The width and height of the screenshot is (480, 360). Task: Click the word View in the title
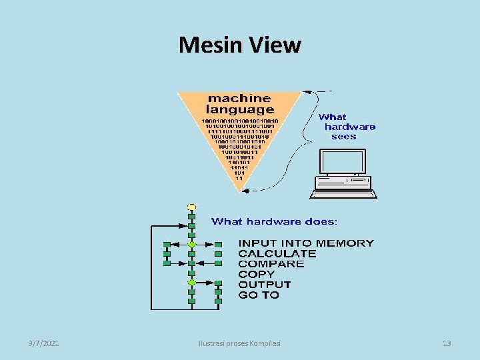click(x=275, y=45)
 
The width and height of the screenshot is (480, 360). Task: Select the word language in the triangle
click(x=240, y=109)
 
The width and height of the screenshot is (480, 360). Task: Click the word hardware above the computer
click(x=349, y=127)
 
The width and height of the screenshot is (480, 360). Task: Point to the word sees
click(x=343, y=137)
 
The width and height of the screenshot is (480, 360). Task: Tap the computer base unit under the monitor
click(x=343, y=189)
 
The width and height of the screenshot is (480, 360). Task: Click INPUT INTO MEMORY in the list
click(x=306, y=243)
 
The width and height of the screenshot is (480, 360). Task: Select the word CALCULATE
click(x=277, y=253)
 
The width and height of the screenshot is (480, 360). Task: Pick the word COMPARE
click(x=271, y=264)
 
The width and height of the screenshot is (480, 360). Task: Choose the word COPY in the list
click(x=256, y=274)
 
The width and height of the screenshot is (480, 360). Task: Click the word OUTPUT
click(x=265, y=285)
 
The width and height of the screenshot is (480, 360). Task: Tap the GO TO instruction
click(x=259, y=295)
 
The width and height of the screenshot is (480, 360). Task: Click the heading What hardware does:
click(x=274, y=221)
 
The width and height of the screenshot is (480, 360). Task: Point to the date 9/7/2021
click(x=43, y=343)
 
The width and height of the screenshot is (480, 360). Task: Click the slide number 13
click(x=447, y=343)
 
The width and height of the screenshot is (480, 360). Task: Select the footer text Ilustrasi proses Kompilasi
click(x=240, y=343)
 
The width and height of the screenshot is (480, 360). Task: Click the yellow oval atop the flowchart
click(x=191, y=207)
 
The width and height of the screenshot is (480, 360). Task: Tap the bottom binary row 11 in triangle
click(x=239, y=179)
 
